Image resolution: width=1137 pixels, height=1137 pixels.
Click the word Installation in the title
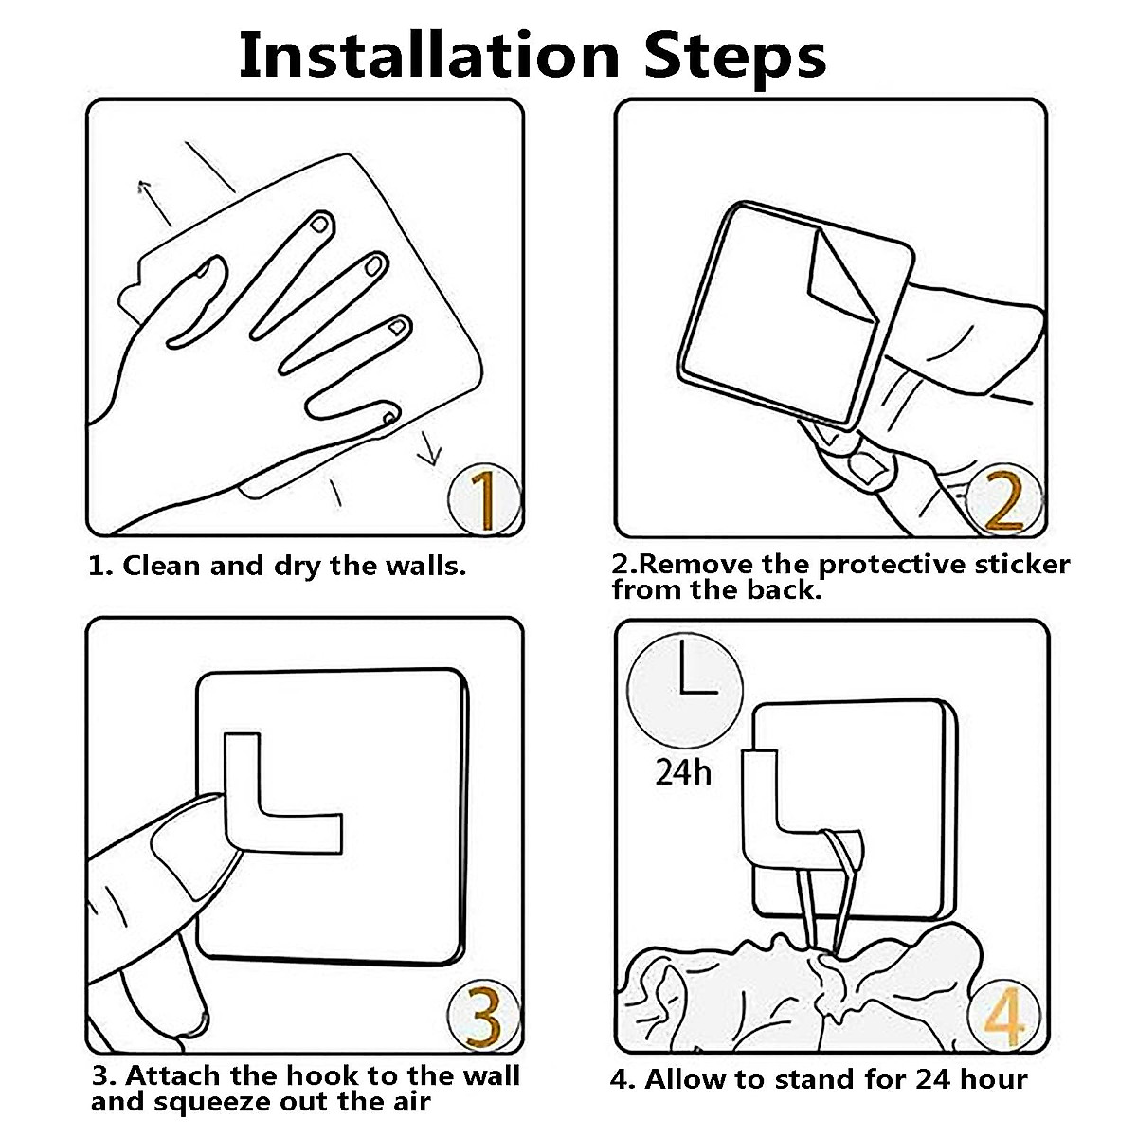pos(429,55)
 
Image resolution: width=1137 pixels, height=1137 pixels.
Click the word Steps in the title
pos(735,59)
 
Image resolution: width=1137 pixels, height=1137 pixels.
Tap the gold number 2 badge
pos(1004,500)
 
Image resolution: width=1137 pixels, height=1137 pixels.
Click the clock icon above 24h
pos(684,691)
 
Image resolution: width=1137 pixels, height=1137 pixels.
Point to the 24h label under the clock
pos(683,773)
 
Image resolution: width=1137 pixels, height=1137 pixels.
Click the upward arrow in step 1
pos(154,204)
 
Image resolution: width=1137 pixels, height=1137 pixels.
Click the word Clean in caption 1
pos(161,566)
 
